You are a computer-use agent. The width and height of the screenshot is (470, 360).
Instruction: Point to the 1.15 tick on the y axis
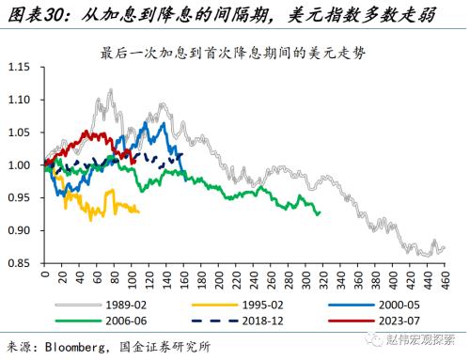tap(20, 68)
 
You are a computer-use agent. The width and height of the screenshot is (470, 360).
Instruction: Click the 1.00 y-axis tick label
tap(20, 165)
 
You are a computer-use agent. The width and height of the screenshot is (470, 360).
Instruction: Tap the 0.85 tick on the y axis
tap(20, 264)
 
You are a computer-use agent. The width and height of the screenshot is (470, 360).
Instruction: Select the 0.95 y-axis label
tap(20, 198)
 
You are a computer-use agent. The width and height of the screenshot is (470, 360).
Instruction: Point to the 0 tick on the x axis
tap(44, 275)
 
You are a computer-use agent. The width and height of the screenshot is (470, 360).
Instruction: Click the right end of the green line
tap(320, 212)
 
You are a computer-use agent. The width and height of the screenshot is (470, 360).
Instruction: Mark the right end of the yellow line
tap(139, 211)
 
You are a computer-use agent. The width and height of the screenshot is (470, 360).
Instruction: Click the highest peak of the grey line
tap(111, 90)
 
